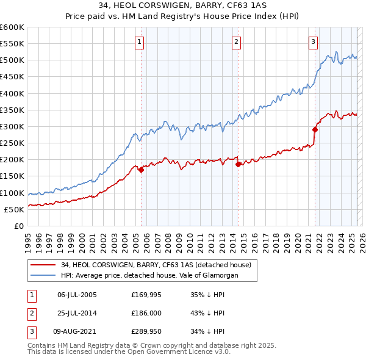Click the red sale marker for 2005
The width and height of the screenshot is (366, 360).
(141, 170)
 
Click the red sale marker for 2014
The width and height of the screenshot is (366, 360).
(239, 164)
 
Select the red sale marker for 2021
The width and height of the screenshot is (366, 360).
(315, 129)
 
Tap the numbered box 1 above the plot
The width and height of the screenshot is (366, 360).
(140, 42)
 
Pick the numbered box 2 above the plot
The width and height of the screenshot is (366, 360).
(236, 42)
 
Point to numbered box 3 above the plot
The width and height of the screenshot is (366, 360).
(313, 42)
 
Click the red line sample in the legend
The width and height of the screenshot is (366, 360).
(43, 265)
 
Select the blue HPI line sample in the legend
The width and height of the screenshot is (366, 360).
(43, 275)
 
